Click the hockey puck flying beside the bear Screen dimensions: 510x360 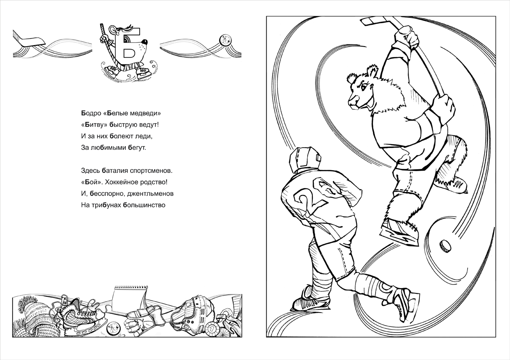(x=445, y=246)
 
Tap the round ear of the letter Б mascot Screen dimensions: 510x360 (x=113, y=30)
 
